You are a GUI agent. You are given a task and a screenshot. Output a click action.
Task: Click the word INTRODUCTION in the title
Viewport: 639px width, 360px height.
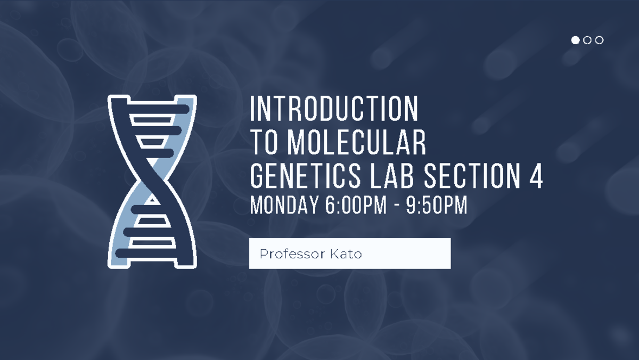(334, 109)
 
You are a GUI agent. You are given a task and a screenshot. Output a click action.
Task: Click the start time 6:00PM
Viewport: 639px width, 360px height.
(355, 205)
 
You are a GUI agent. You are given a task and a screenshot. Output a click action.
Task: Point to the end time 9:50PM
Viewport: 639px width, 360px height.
(437, 205)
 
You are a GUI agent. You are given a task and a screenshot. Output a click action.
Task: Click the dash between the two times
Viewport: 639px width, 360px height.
(397, 206)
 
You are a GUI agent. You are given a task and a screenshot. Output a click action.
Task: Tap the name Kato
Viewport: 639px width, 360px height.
(346, 254)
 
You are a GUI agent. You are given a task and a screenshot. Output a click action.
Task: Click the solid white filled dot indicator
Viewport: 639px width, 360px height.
(575, 40)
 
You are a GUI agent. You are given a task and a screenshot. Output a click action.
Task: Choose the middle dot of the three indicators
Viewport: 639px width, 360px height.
(587, 40)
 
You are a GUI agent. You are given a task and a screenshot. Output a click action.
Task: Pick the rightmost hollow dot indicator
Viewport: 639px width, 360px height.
(600, 40)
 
